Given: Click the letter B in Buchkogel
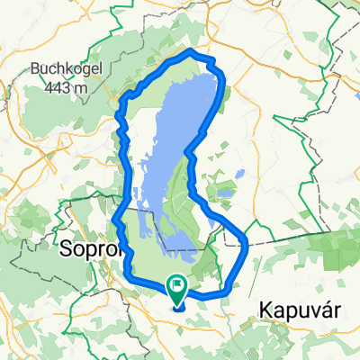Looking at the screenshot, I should tap(36, 67).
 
